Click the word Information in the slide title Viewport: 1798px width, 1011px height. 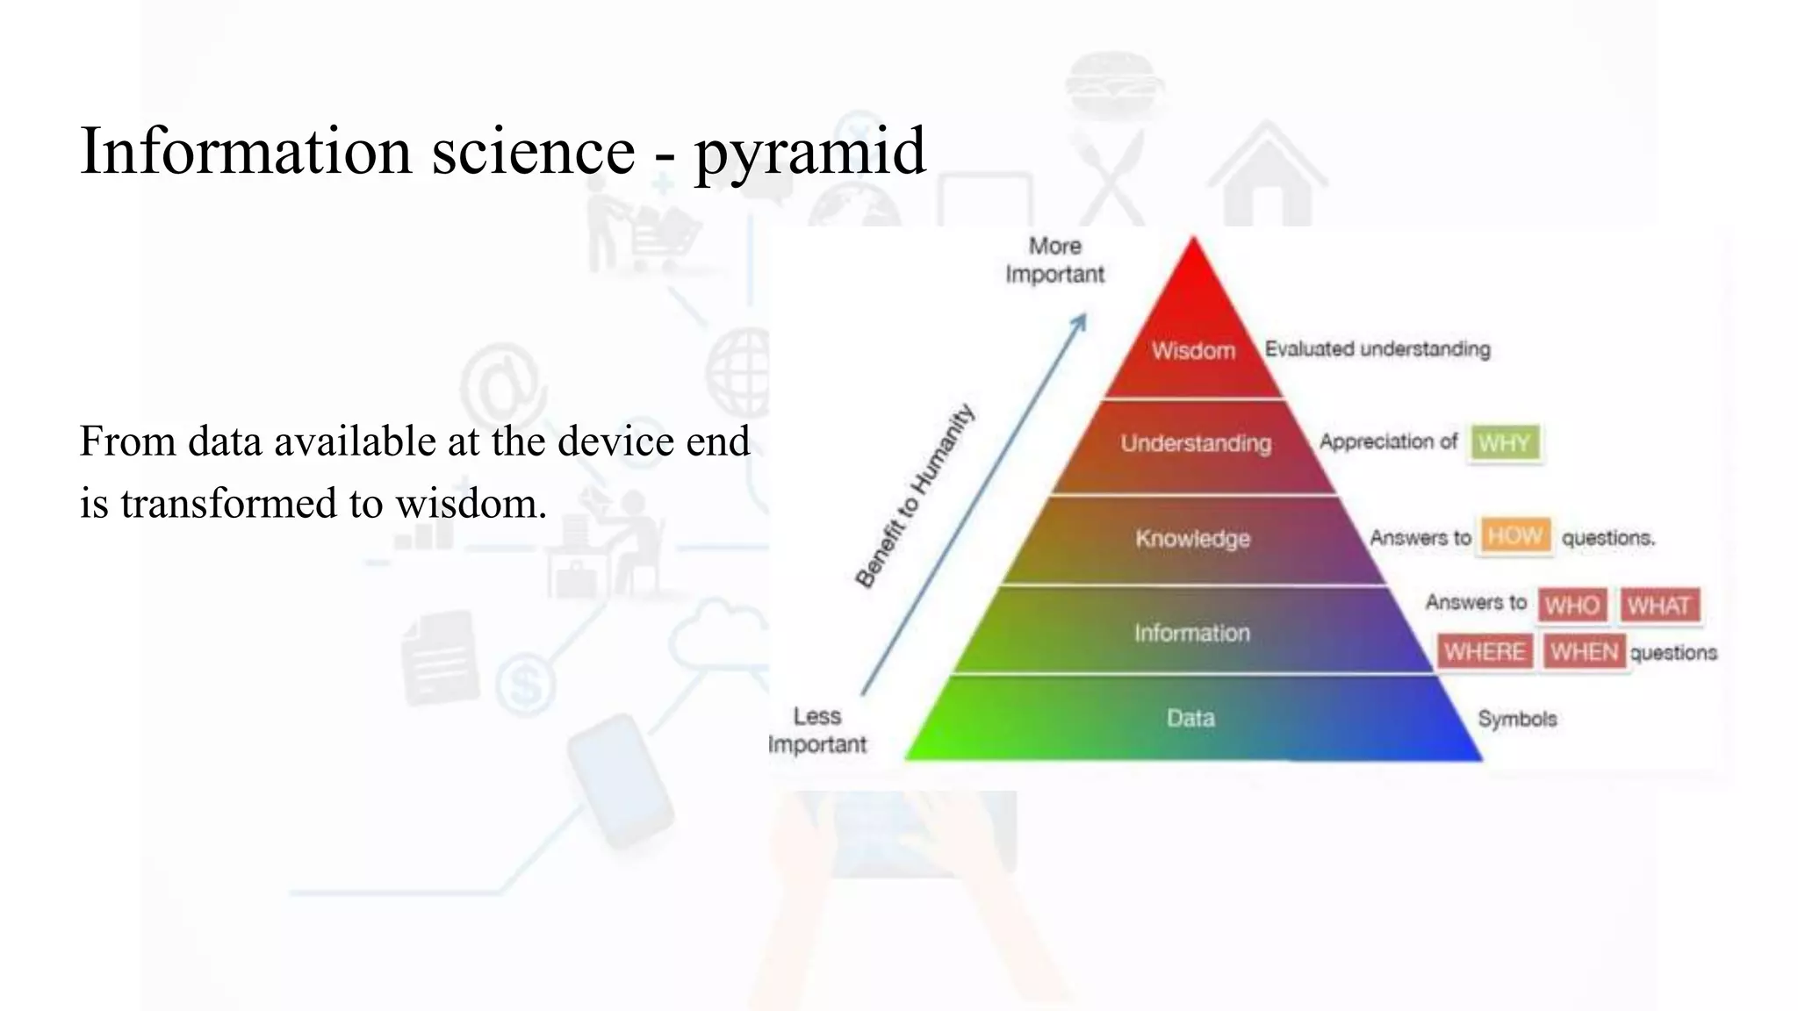[246, 151]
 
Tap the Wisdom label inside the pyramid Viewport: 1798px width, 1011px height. [1193, 351]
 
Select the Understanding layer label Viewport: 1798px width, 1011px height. [1195, 443]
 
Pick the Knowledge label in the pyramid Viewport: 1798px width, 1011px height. [1192, 538]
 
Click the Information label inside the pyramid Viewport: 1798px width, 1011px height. [1191, 633]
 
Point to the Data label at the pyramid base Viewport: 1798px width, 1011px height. [1190, 719]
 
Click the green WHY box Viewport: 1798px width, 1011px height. [1505, 442]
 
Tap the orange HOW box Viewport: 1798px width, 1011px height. [1514, 535]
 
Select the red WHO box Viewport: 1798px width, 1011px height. [1571, 605]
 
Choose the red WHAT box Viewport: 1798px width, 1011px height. [1658, 605]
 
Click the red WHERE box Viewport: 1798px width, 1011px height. [1485, 651]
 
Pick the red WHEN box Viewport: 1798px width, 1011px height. [1584, 651]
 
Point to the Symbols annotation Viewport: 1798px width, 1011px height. [1517, 719]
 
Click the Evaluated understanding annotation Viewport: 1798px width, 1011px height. [1377, 349]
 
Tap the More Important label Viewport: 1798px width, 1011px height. [1054, 260]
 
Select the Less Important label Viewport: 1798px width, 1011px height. [817, 730]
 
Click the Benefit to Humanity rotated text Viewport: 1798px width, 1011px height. [915, 495]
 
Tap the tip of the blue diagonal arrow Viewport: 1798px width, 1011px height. [1084, 316]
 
